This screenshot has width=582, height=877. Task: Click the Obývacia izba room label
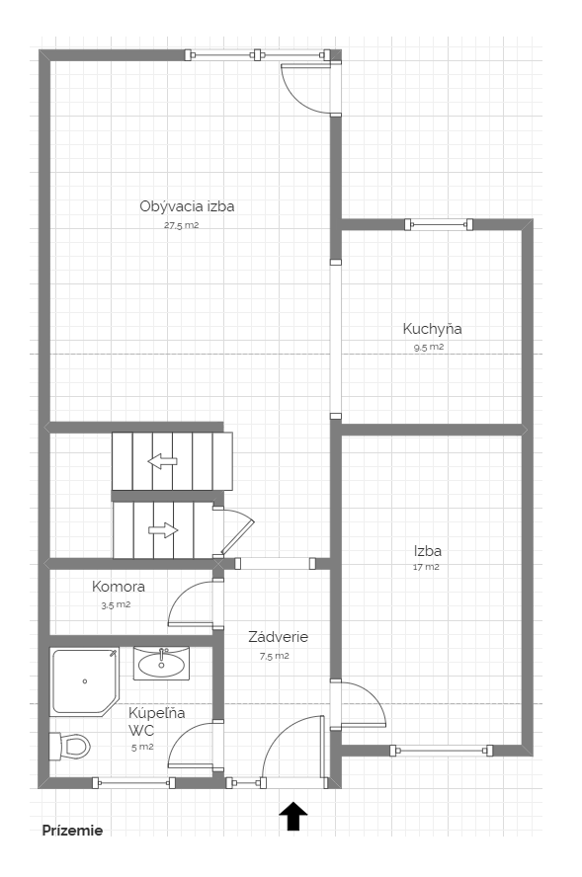pyautogui.click(x=187, y=206)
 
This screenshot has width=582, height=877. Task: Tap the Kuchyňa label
pyautogui.click(x=432, y=329)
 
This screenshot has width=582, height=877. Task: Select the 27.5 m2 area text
pyautogui.click(x=181, y=225)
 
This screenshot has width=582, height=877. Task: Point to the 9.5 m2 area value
pyautogui.click(x=429, y=347)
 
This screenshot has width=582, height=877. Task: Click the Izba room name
pyautogui.click(x=428, y=551)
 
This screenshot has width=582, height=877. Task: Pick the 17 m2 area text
pyautogui.click(x=426, y=567)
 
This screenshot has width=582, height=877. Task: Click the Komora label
pyautogui.click(x=118, y=587)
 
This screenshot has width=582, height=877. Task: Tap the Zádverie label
pyautogui.click(x=278, y=636)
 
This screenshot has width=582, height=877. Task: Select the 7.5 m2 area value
pyautogui.click(x=275, y=656)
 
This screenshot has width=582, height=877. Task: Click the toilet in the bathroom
pyautogui.click(x=70, y=746)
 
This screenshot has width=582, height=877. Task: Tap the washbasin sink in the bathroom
pyautogui.click(x=161, y=664)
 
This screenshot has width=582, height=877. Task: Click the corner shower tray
pyautogui.click(x=85, y=681)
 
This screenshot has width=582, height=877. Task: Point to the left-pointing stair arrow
pyautogui.click(x=162, y=461)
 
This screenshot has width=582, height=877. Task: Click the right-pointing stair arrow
pyautogui.click(x=163, y=530)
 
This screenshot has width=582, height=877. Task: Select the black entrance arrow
pyautogui.click(x=293, y=816)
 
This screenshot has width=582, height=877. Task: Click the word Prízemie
pyautogui.click(x=73, y=831)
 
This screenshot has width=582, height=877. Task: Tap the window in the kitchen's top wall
pyautogui.click(x=439, y=225)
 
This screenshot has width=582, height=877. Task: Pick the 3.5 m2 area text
pyautogui.click(x=116, y=604)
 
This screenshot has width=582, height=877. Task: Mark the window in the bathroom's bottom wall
pyautogui.click(x=133, y=783)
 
